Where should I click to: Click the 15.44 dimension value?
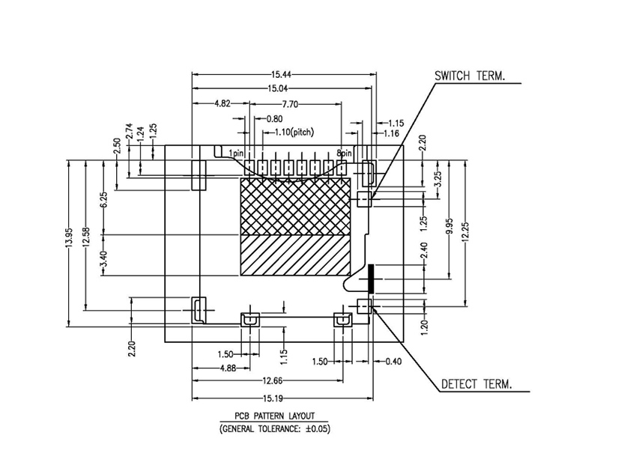coord(281,74)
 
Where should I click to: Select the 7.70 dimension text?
coord(291,103)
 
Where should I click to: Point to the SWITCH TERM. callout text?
coord(470,76)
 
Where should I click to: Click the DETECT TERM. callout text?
coord(476,384)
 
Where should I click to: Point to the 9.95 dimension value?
coord(448,225)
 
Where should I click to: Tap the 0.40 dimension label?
coord(394,362)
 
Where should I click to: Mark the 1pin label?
coord(237,153)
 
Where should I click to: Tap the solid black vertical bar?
coord(370,279)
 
